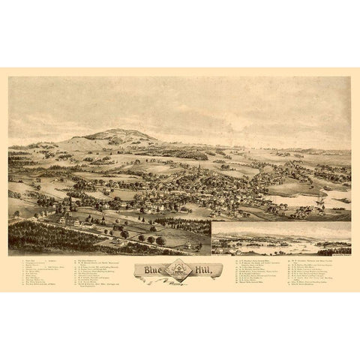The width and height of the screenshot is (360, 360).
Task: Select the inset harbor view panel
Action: click(280, 238)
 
